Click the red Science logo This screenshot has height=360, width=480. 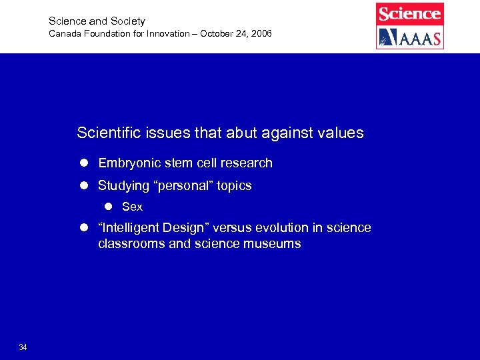410,14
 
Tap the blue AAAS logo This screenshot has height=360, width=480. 410,37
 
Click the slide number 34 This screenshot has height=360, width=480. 23,347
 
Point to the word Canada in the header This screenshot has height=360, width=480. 65,33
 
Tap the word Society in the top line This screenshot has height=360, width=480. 127,21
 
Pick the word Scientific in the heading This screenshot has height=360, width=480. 108,133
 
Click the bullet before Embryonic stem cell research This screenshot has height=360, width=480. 85,163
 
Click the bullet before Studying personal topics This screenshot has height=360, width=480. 85,186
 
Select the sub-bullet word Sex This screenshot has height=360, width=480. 132,207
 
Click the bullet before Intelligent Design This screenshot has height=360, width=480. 85,228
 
